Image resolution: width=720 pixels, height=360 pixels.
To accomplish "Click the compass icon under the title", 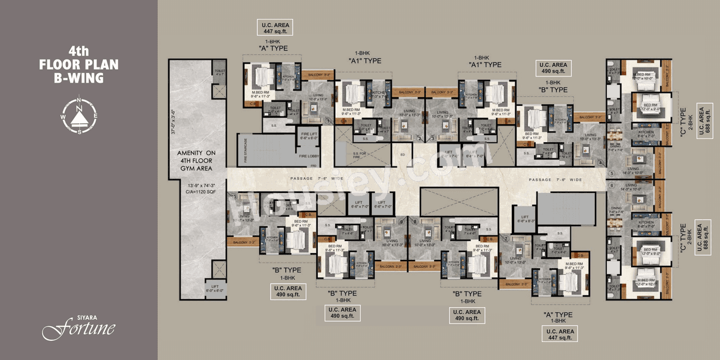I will click(x=79, y=115).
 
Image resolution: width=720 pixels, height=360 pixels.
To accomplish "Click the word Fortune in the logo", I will click(x=79, y=328).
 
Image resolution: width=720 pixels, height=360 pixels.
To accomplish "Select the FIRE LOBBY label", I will click(x=309, y=156).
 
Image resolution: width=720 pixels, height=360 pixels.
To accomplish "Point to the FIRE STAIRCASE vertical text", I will click(x=245, y=150).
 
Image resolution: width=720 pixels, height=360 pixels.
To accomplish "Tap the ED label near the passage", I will click(x=402, y=154).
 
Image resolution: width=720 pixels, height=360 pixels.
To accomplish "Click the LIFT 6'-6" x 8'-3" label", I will click(x=524, y=219).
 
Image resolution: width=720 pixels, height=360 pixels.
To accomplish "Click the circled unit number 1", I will click(x=327, y=120).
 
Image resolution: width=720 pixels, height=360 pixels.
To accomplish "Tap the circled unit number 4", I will click(x=600, y=163).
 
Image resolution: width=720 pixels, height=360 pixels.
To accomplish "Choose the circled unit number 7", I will click(x=506, y=238).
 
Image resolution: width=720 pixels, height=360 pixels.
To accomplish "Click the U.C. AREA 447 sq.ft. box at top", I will click(x=275, y=28).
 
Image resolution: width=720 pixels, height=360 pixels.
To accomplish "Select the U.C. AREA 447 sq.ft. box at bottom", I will click(x=559, y=334).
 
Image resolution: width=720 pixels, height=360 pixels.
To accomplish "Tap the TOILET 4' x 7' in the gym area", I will click(x=219, y=73).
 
